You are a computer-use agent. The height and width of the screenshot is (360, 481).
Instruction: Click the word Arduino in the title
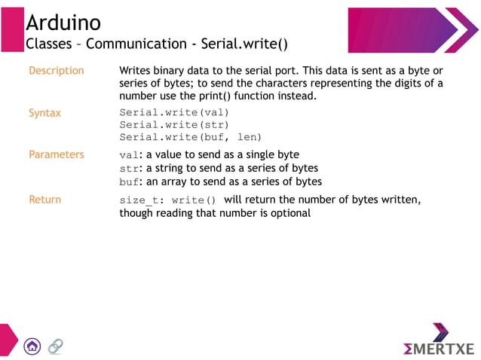[x=63, y=23]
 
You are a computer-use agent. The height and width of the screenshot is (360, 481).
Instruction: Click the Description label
[x=56, y=71]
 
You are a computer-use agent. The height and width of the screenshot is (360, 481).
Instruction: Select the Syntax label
[x=44, y=113]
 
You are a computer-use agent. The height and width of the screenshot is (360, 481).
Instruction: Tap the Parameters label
[x=56, y=154]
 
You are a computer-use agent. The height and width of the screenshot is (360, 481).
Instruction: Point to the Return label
[x=44, y=200]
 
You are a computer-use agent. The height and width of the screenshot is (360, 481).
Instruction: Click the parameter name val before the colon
[x=128, y=155]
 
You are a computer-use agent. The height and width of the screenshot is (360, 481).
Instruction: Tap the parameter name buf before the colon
[x=128, y=182]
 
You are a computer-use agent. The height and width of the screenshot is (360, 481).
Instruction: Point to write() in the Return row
[x=194, y=200]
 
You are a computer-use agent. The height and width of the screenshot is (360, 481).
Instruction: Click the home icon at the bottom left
[x=32, y=346]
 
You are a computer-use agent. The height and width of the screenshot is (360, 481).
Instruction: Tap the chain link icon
[x=55, y=346]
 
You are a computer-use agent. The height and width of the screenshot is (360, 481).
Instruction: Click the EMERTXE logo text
[x=439, y=349]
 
